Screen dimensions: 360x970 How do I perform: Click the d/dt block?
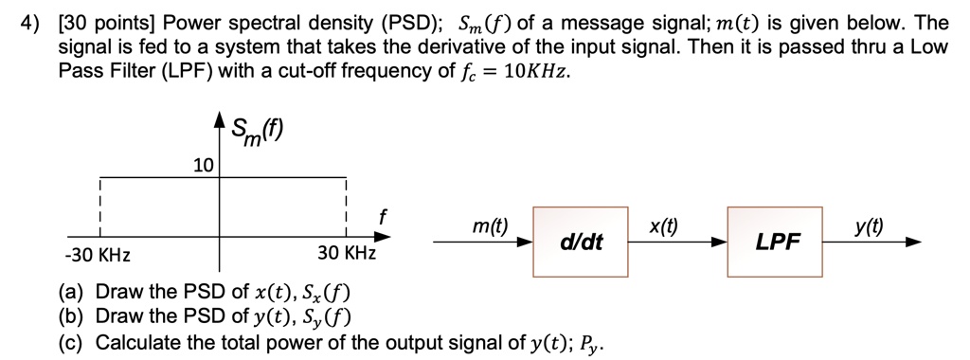click(x=580, y=242)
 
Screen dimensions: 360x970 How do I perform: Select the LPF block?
click(x=776, y=243)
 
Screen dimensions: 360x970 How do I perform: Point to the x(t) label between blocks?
click(x=662, y=226)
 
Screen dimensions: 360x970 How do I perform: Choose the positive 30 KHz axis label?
click(x=347, y=256)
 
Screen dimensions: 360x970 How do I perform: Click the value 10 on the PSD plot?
click(x=204, y=166)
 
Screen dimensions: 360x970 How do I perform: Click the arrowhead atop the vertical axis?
click(x=221, y=120)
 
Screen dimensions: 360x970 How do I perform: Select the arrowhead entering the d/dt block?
click(x=526, y=243)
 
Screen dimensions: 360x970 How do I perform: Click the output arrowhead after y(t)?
click(x=912, y=243)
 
